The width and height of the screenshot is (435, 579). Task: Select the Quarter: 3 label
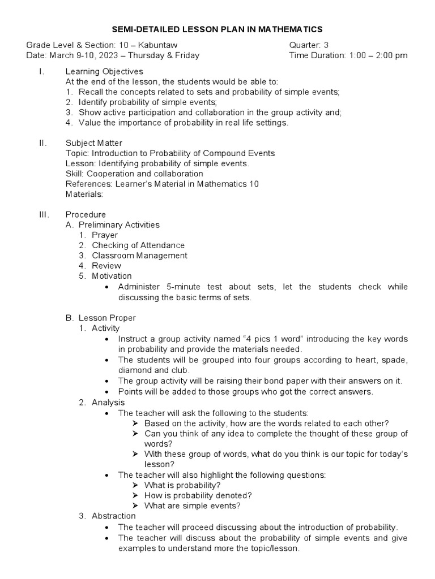point(309,45)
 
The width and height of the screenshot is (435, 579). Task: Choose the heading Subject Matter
point(93,143)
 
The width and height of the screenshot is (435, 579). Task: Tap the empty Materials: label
point(84,194)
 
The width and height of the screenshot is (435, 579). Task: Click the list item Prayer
point(105,235)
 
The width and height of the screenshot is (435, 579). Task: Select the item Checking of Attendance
point(138,245)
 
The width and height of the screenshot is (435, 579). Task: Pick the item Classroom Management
point(139,255)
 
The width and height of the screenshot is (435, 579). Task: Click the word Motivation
point(112,276)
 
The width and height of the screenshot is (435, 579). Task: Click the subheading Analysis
point(108,403)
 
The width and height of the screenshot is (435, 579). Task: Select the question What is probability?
point(182,485)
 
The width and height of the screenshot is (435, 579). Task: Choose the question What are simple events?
point(193,505)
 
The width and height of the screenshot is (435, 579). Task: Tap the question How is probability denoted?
point(198,495)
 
